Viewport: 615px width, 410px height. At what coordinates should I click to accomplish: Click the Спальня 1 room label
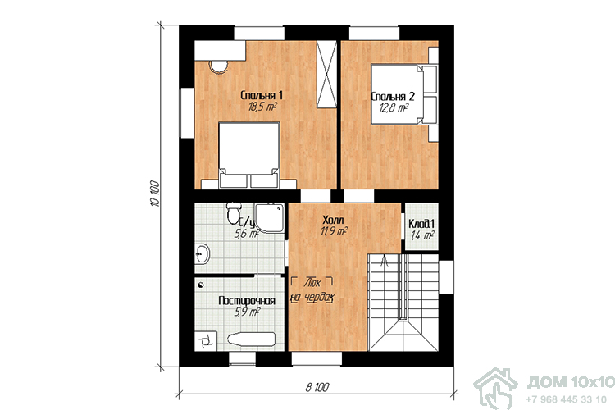click(262, 95)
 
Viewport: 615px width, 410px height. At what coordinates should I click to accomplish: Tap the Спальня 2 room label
click(393, 97)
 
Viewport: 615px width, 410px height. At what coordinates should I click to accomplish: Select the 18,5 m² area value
click(262, 107)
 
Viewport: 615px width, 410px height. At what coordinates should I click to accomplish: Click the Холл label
click(333, 219)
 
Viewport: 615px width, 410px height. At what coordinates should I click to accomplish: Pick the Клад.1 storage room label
click(421, 224)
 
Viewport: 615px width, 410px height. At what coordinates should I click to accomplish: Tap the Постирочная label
click(247, 301)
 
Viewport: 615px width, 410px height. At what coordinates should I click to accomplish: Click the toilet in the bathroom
click(233, 213)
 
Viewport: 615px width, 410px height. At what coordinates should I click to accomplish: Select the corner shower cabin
click(270, 218)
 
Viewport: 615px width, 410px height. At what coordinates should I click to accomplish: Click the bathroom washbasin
click(202, 253)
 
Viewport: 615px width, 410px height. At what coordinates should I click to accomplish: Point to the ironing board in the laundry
click(251, 339)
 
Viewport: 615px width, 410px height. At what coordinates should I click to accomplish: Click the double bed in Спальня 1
click(248, 155)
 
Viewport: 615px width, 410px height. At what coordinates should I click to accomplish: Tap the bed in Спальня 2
click(403, 95)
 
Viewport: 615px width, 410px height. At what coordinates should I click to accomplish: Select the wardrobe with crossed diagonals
click(326, 74)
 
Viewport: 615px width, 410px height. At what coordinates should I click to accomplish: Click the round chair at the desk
click(218, 66)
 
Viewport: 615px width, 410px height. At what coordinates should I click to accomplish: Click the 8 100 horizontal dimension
click(317, 388)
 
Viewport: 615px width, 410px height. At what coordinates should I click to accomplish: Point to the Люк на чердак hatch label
click(312, 290)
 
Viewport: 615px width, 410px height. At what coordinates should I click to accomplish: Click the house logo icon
click(496, 389)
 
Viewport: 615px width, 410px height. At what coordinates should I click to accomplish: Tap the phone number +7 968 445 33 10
click(566, 399)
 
